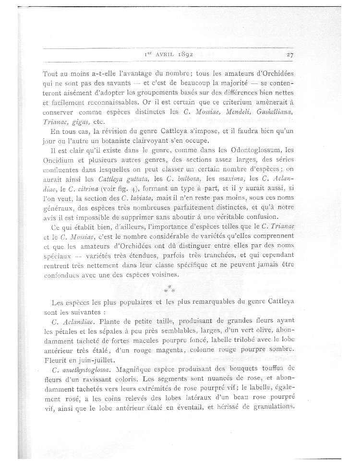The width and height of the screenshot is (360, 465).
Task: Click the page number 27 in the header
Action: [x=290, y=55]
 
